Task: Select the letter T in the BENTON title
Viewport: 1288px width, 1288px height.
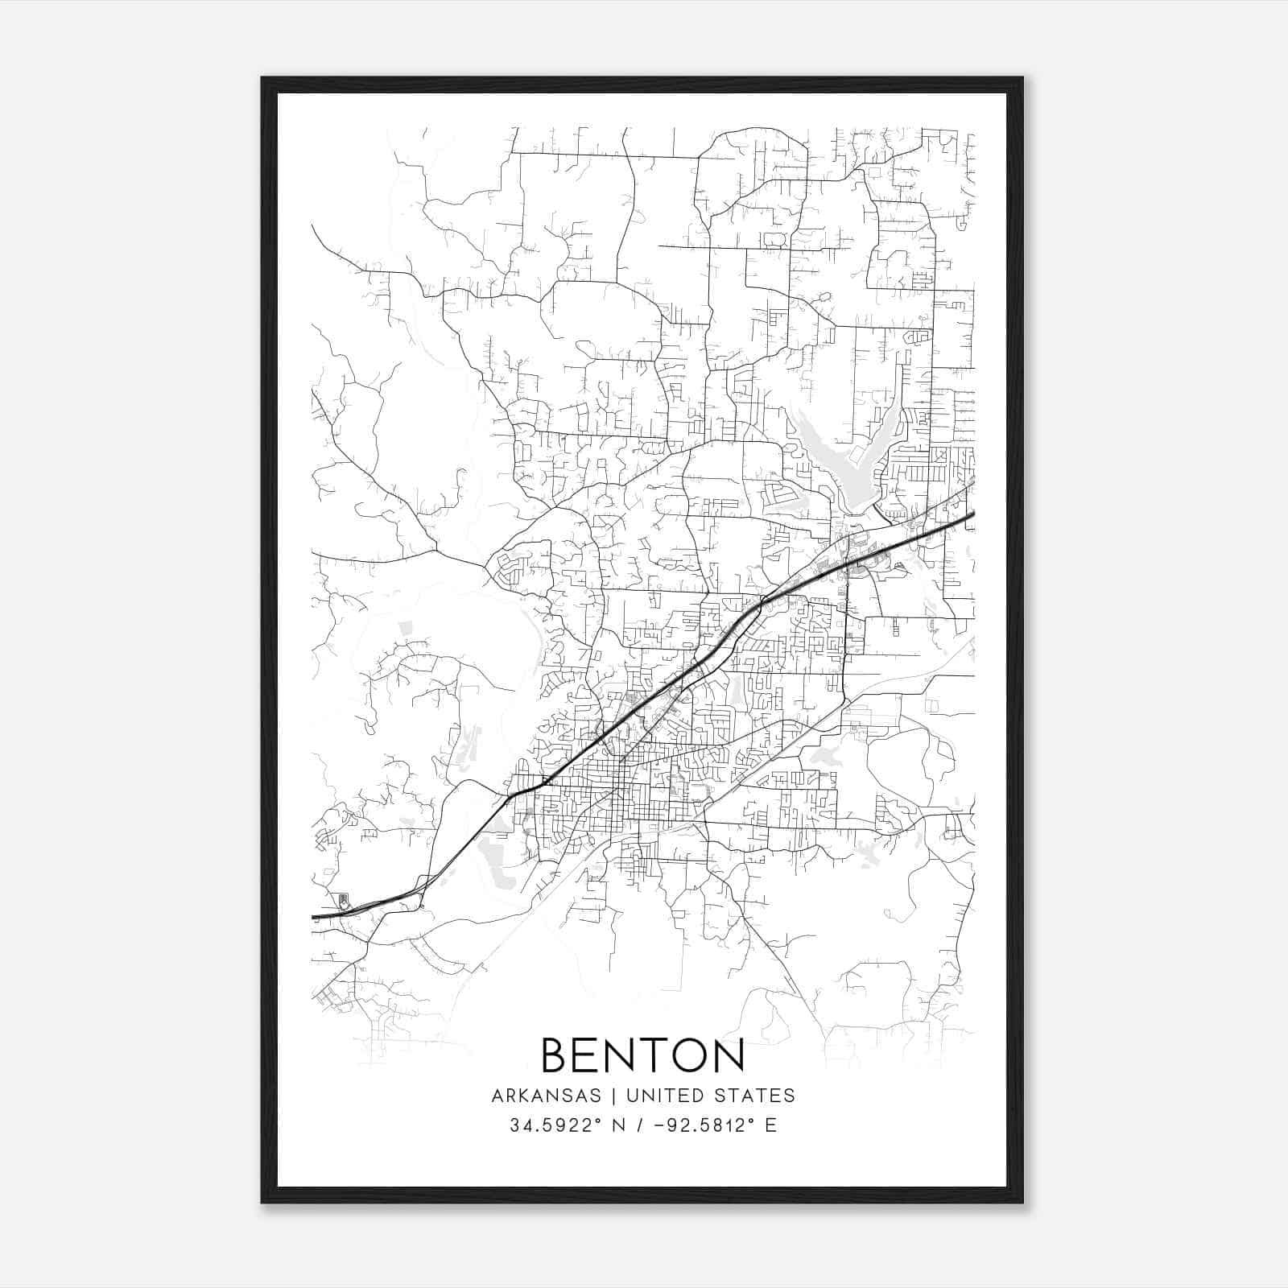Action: (641, 1055)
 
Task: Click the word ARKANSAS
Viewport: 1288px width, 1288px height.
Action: (546, 1096)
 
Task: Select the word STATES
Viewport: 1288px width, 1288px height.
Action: (757, 1096)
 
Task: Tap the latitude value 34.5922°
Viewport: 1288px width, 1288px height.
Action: (556, 1125)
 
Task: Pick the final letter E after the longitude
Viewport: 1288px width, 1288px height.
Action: (770, 1125)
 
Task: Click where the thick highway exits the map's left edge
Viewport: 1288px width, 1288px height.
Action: (314, 916)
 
